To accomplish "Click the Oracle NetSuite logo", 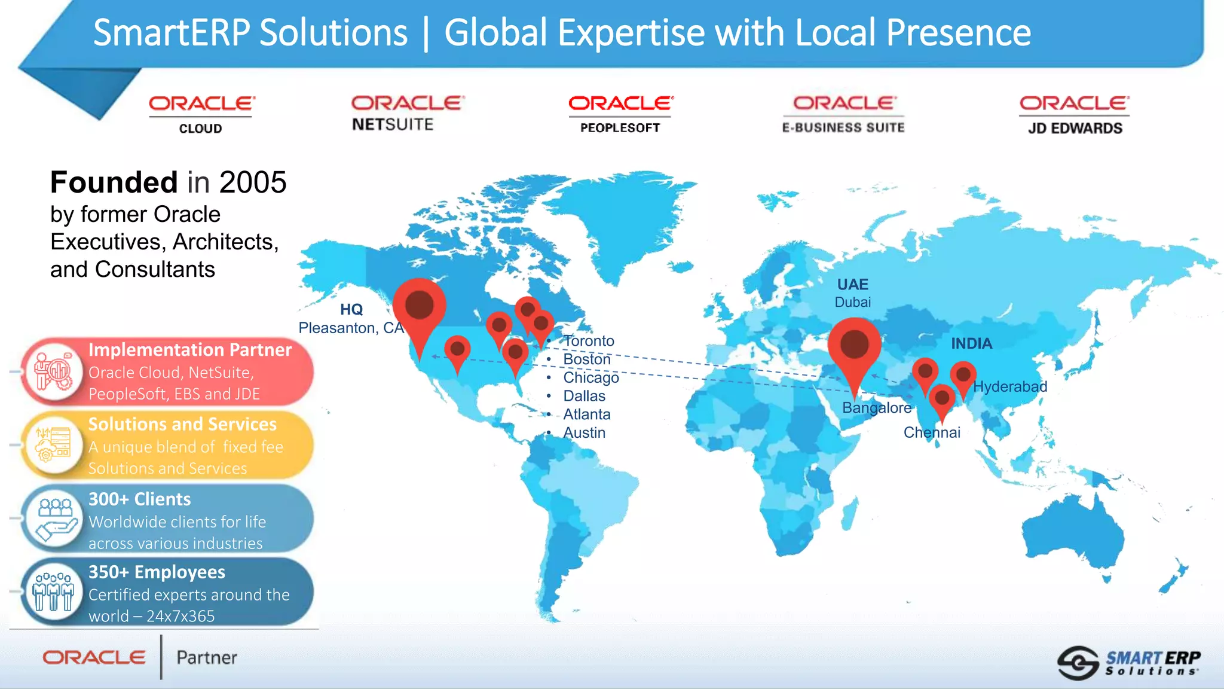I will pyautogui.click(x=407, y=113).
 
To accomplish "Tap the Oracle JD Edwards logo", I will pyautogui.click(x=1075, y=115).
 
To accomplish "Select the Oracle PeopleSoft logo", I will pyautogui.click(x=620, y=114).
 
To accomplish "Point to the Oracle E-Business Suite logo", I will pyautogui.click(x=843, y=114).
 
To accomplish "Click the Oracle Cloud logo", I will pyautogui.click(x=201, y=115).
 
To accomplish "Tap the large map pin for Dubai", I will pyautogui.click(x=854, y=346).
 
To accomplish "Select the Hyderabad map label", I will pyautogui.click(x=1010, y=386).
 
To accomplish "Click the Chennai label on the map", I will pyautogui.click(x=932, y=432).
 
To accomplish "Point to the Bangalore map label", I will pyautogui.click(x=877, y=408).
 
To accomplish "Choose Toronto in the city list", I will pyautogui.click(x=589, y=341).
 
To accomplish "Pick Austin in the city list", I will pyautogui.click(x=584, y=432).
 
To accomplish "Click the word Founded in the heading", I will pyautogui.click(x=114, y=182).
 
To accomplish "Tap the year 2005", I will pyautogui.click(x=253, y=182).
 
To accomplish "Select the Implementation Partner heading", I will pyautogui.click(x=190, y=350).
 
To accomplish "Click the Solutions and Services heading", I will pyautogui.click(x=182, y=424).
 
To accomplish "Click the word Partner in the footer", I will pyautogui.click(x=207, y=658).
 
